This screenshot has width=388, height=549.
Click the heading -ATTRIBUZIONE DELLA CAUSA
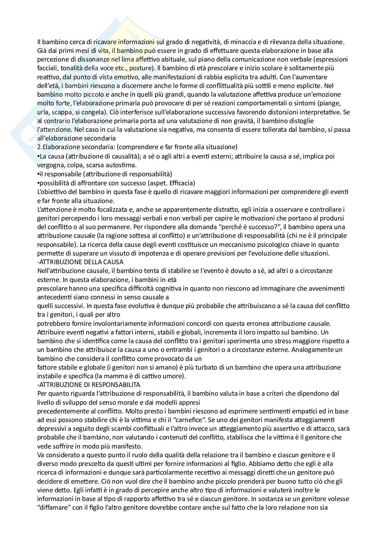[x=80, y=262]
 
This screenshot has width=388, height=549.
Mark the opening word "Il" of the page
[x=39, y=42]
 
